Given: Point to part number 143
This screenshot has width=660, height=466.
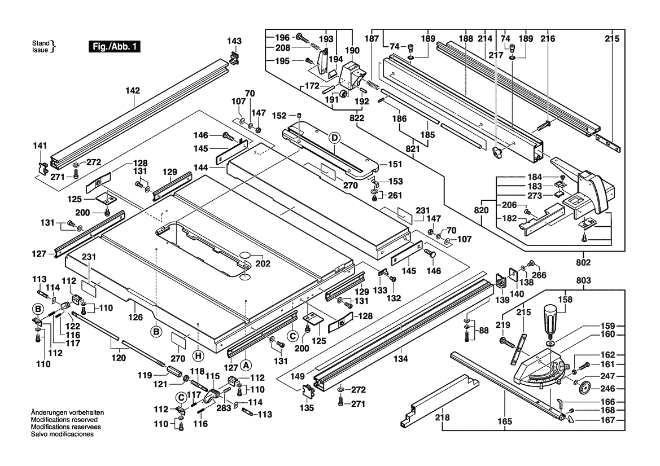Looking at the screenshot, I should point(234,41).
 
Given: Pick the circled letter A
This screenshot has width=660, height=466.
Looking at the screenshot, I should point(247,356).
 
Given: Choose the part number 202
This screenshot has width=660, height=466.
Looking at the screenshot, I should point(263,263).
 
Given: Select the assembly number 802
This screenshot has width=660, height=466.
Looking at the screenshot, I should point(583,262).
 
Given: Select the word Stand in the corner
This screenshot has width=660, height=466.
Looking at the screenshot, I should point(41,43).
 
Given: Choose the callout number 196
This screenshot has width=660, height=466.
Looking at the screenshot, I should point(282,38).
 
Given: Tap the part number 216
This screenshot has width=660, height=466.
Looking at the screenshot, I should point(548,39).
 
